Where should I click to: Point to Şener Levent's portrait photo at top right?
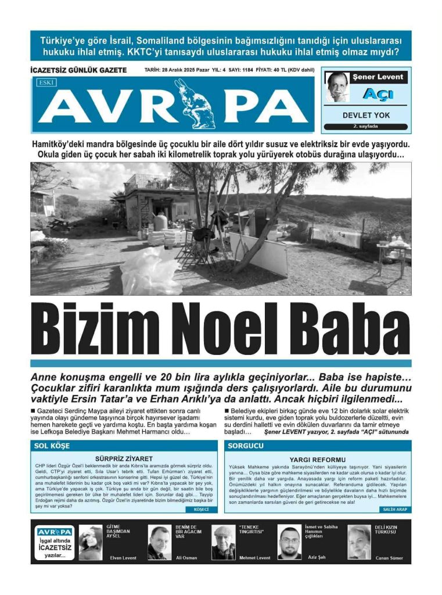(337, 87)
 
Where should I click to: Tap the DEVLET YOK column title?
(366, 115)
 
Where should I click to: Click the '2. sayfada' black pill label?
(366, 126)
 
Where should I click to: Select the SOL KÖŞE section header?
(52, 446)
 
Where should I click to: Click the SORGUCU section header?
(245, 446)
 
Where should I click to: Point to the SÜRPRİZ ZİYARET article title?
(124, 458)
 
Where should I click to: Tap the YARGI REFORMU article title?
(317, 460)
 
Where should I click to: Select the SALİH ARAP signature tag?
(395, 509)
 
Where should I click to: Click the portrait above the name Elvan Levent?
(91, 542)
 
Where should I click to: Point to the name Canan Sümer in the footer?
(389, 557)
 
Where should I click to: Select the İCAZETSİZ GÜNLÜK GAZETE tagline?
(78, 70)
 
